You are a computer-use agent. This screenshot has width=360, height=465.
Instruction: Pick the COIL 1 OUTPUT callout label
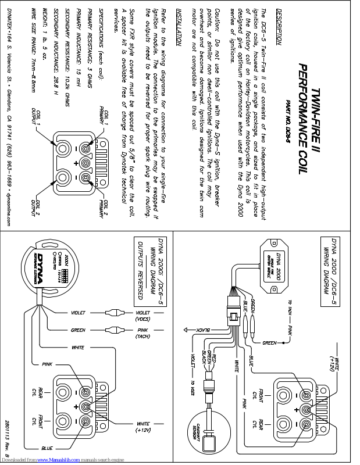pyautogui.click(x=37, y=115)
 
